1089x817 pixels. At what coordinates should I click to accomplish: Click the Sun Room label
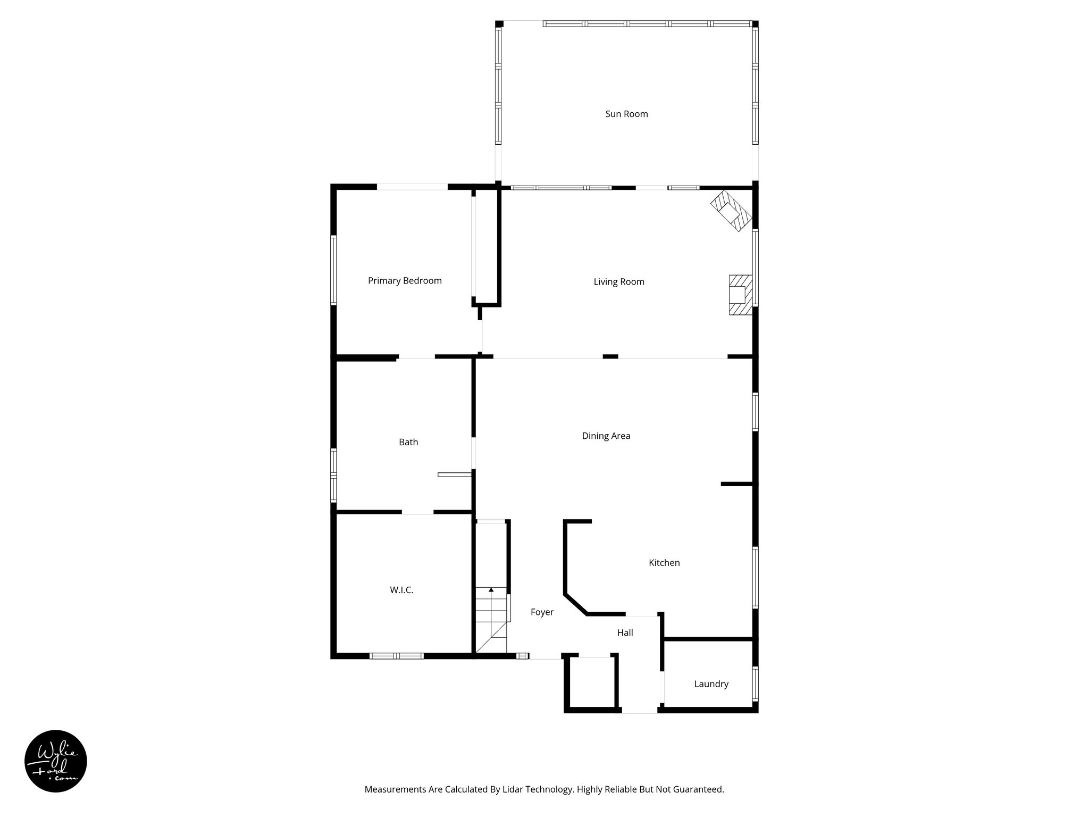(626, 114)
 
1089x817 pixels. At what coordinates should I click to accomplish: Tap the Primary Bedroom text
(405, 281)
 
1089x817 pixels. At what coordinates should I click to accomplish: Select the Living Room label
(619, 282)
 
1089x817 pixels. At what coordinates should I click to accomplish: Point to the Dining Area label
(606, 436)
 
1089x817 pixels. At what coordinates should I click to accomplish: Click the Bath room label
(408, 442)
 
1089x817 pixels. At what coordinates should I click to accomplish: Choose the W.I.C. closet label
(401, 590)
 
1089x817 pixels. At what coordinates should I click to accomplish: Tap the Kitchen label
(664, 563)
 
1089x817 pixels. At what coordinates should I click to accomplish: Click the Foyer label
(542, 612)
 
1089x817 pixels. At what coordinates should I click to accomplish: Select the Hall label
(625, 633)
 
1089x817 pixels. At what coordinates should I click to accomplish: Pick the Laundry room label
(711, 684)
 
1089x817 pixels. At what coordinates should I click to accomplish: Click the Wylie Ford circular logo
(56, 761)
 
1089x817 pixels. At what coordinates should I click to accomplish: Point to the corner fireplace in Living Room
(731, 211)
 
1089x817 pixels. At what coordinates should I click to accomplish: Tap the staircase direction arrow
(491, 590)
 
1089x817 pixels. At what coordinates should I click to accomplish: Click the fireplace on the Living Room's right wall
(740, 295)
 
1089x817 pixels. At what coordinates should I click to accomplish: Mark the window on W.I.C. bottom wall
(397, 656)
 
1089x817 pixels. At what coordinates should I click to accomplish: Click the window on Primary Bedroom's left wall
(333, 270)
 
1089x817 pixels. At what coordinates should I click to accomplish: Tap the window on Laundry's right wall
(755, 683)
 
